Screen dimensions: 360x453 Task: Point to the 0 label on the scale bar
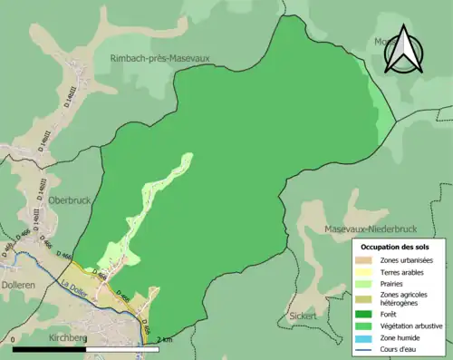[x=14, y=339]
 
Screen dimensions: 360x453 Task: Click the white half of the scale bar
[x=112, y=349]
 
